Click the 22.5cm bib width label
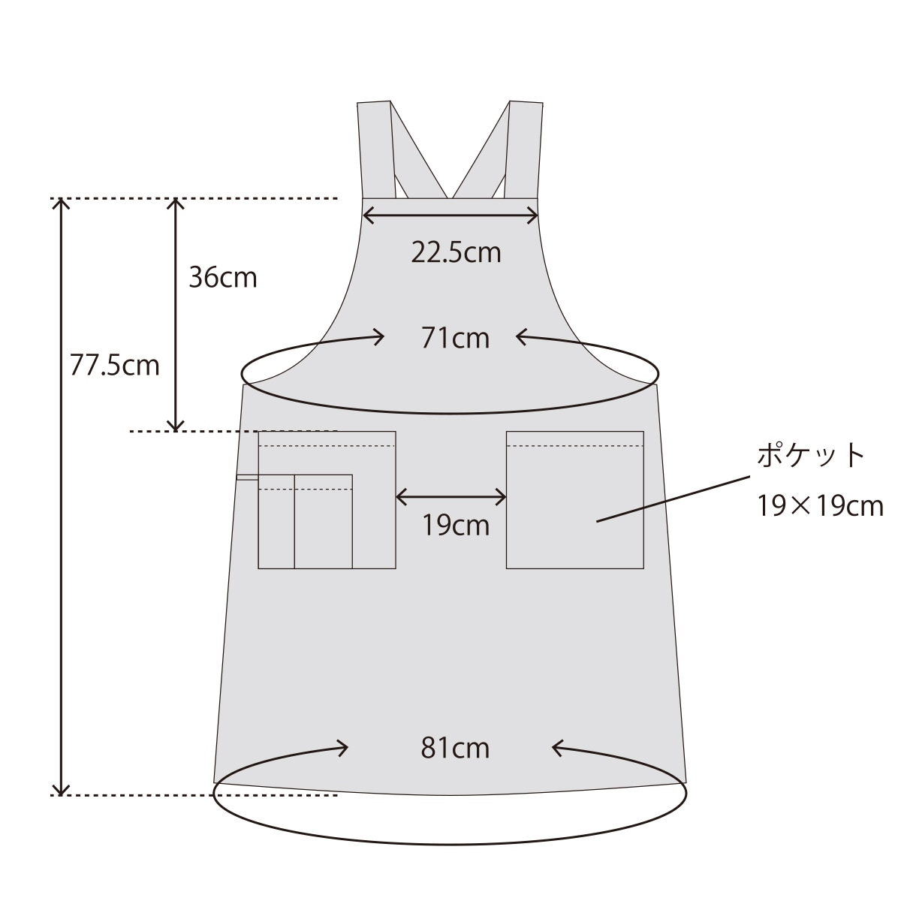[x=456, y=252]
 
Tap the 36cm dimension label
[x=223, y=278]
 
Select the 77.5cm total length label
[x=115, y=365]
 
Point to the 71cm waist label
[x=456, y=338]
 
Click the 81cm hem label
[x=456, y=748]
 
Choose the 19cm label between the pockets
[x=456, y=525]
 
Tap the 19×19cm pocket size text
[x=820, y=506]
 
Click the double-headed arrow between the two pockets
[x=451, y=496]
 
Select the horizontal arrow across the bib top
[x=450, y=215]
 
